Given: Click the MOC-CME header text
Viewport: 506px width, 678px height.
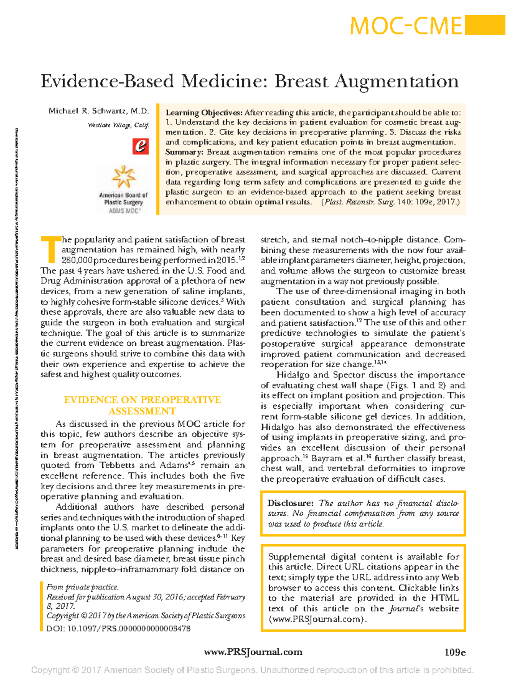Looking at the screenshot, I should (x=406, y=26).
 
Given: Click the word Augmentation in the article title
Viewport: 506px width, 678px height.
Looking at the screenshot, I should (x=396, y=81).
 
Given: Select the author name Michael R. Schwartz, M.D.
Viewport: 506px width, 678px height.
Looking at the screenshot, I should (x=99, y=111).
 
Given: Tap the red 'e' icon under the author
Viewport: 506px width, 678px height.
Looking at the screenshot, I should (x=140, y=146).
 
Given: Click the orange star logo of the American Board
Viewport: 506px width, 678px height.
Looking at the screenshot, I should (x=123, y=177).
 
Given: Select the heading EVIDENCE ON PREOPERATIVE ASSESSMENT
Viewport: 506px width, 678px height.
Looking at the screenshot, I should (x=143, y=405).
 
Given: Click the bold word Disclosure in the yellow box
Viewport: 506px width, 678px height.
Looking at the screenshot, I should (x=291, y=503).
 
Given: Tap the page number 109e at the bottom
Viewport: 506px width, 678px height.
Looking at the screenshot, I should (x=455, y=652).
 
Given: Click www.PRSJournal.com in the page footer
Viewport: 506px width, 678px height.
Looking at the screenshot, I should (x=253, y=652).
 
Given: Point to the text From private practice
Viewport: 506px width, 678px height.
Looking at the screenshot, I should (x=83, y=587).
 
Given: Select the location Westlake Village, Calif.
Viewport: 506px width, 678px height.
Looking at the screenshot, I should (x=118, y=125).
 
